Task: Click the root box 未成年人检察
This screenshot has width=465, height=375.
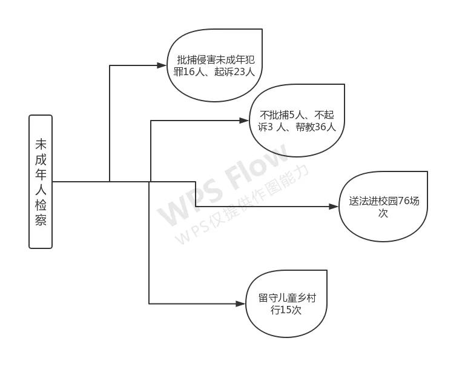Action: pos(41,182)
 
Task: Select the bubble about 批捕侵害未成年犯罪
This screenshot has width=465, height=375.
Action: pos(214,65)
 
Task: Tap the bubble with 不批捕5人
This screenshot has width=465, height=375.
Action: pos(297,121)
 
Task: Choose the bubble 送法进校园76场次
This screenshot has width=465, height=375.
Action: pos(383,207)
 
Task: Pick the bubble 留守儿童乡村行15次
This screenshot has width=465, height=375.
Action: pos(286,304)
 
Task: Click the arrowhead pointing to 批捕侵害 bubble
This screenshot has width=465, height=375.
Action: pos(162,65)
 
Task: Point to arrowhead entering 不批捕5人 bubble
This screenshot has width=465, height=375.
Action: pos(244,121)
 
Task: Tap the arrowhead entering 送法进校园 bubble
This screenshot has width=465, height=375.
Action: pos(334,207)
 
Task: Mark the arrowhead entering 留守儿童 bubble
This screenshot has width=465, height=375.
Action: pos(241,304)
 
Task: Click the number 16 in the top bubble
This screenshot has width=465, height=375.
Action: pos(188,72)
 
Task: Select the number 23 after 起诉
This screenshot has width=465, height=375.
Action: pos(239,72)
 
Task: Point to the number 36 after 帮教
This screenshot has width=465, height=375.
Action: pos(320,127)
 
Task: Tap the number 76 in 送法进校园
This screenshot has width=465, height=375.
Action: pos(403,201)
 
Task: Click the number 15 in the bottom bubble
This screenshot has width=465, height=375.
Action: pos(285,310)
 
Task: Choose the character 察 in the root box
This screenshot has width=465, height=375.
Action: pos(41,220)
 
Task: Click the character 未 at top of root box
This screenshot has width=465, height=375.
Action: pos(41,144)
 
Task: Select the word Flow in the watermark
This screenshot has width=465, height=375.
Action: pos(257,167)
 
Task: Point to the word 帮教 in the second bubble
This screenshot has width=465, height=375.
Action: pos(305,127)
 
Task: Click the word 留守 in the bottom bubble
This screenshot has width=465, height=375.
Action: pos(268,298)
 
